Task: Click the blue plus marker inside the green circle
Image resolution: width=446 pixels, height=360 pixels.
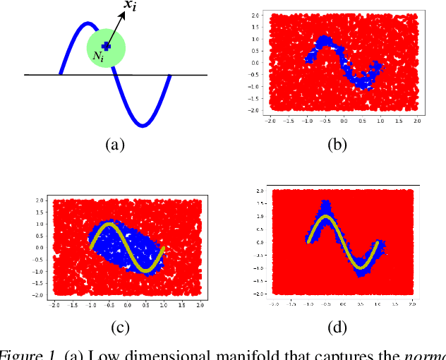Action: click(x=105, y=45)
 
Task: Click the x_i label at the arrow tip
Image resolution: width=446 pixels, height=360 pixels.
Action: click(x=131, y=6)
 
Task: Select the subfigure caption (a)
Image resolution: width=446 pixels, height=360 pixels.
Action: click(x=114, y=145)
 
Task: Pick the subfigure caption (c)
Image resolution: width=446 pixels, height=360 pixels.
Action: click(x=126, y=326)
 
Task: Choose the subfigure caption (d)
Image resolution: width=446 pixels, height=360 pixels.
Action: click(x=337, y=326)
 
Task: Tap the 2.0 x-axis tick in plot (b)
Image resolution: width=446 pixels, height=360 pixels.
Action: click(x=416, y=121)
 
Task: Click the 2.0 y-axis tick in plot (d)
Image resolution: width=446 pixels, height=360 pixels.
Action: click(x=260, y=191)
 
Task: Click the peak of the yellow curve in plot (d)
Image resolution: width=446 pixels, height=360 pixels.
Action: click(x=325, y=217)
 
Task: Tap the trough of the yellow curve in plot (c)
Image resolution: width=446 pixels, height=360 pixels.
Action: click(x=144, y=270)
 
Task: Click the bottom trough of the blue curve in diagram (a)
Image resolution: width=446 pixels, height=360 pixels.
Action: click(x=143, y=126)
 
